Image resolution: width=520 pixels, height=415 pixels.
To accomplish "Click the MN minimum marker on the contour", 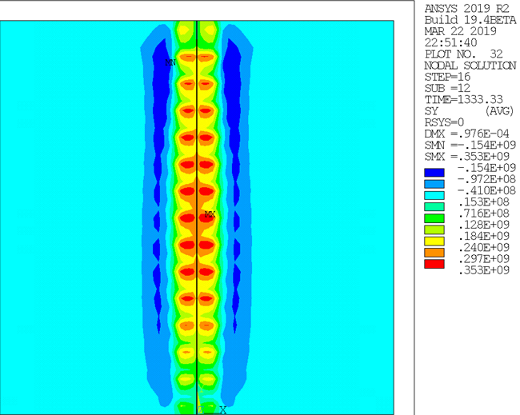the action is [x=170, y=62].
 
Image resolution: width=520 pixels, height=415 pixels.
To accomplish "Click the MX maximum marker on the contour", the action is [x=210, y=214].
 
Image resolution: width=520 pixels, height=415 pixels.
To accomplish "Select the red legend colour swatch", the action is [x=434, y=264].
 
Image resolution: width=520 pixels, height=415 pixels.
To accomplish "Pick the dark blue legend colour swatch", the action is [x=434, y=173].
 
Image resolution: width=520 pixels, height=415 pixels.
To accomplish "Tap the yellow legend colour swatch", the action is [x=434, y=241].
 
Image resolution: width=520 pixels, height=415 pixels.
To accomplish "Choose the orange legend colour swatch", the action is [x=434, y=253].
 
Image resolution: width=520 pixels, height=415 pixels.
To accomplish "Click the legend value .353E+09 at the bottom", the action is [x=484, y=270].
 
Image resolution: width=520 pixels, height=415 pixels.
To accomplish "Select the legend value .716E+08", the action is [x=484, y=213].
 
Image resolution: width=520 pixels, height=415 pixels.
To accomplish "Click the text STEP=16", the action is [x=447, y=77].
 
